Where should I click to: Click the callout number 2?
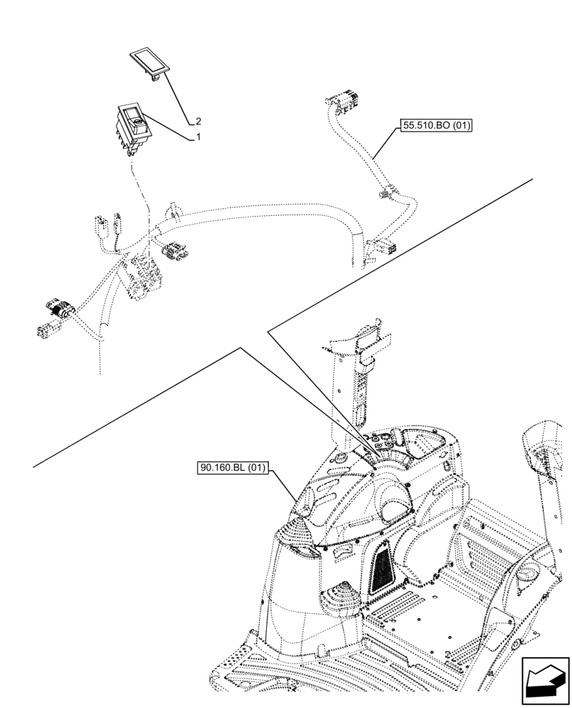click(x=198, y=121)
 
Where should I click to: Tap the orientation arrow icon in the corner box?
click(x=543, y=681)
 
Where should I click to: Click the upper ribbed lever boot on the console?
click(x=297, y=535)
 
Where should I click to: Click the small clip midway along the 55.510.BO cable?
click(x=384, y=192)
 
